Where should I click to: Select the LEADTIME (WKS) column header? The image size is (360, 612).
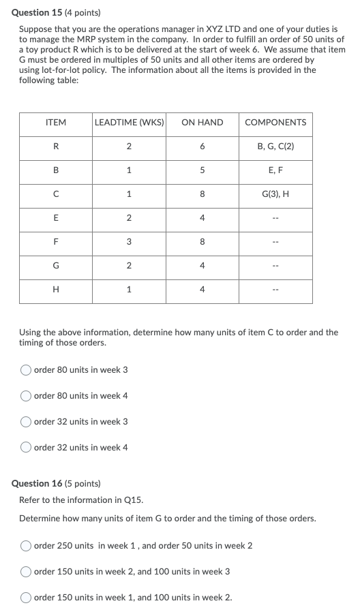[129, 123]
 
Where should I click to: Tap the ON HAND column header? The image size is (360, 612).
[202, 123]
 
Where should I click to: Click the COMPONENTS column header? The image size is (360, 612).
[275, 123]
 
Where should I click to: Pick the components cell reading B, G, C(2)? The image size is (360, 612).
[275, 147]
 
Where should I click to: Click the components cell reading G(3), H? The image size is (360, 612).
[275, 194]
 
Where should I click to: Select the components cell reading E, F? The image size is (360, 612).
[275, 170]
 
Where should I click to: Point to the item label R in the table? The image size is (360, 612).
[55, 147]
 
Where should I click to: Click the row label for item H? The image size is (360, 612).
[55, 290]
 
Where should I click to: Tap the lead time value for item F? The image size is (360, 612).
[129, 242]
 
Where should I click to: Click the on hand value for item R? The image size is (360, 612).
[202, 147]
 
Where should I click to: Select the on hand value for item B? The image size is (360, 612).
[202, 170]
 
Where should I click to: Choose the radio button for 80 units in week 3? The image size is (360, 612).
[26, 370]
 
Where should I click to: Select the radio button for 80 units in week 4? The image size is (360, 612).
[26, 396]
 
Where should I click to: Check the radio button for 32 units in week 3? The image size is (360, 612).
[26, 422]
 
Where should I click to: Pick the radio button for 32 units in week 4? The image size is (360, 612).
[26, 448]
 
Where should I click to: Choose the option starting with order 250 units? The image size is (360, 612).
[26, 546]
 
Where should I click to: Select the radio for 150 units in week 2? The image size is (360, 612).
[26, 572]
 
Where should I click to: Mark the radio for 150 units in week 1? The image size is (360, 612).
[26, 598]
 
